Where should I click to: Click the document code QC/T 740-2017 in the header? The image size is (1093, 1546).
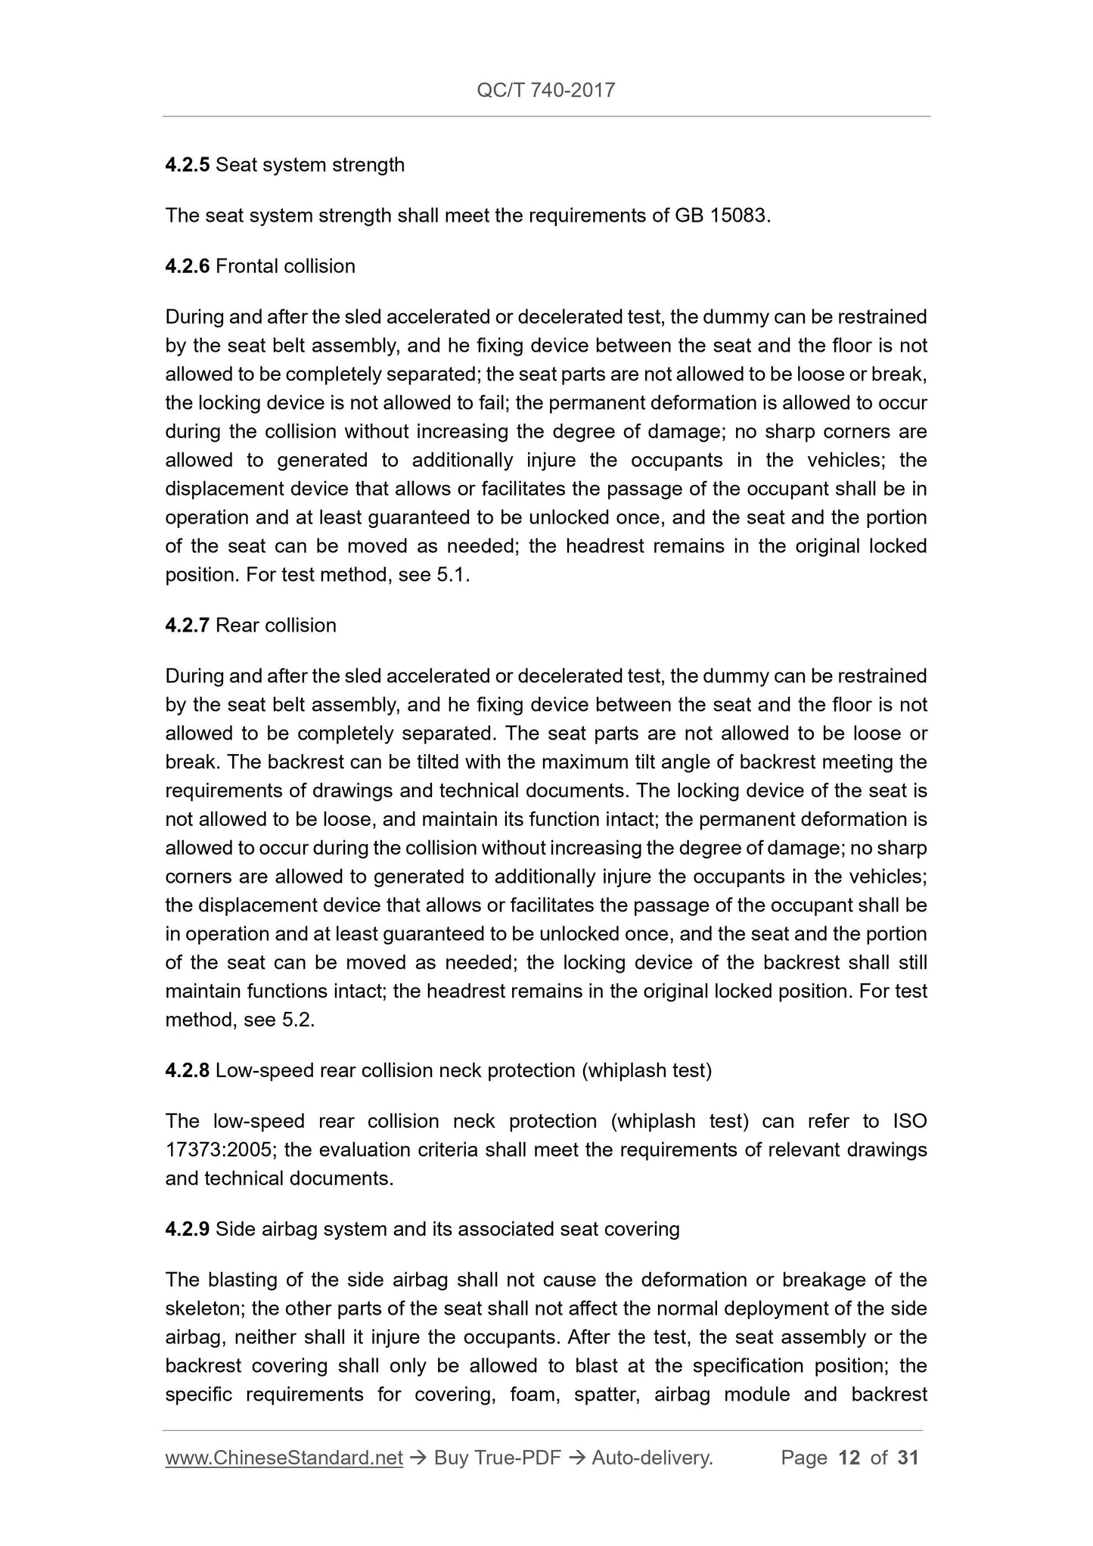coord(545,91)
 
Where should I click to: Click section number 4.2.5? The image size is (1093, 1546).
coord(187,165)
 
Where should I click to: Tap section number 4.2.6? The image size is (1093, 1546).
coord(187,266)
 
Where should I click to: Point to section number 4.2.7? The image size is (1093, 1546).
coord(187,626)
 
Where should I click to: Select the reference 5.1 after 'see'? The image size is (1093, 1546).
coord(452,575)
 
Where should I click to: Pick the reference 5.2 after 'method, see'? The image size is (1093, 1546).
coord(297,1020)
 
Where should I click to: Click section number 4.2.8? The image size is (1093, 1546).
coord(187,1070)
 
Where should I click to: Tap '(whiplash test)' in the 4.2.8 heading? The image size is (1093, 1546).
coord(647,1070)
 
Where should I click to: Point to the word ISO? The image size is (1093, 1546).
coord(909,1121)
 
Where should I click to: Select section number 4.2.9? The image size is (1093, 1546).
coord(187,1229)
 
